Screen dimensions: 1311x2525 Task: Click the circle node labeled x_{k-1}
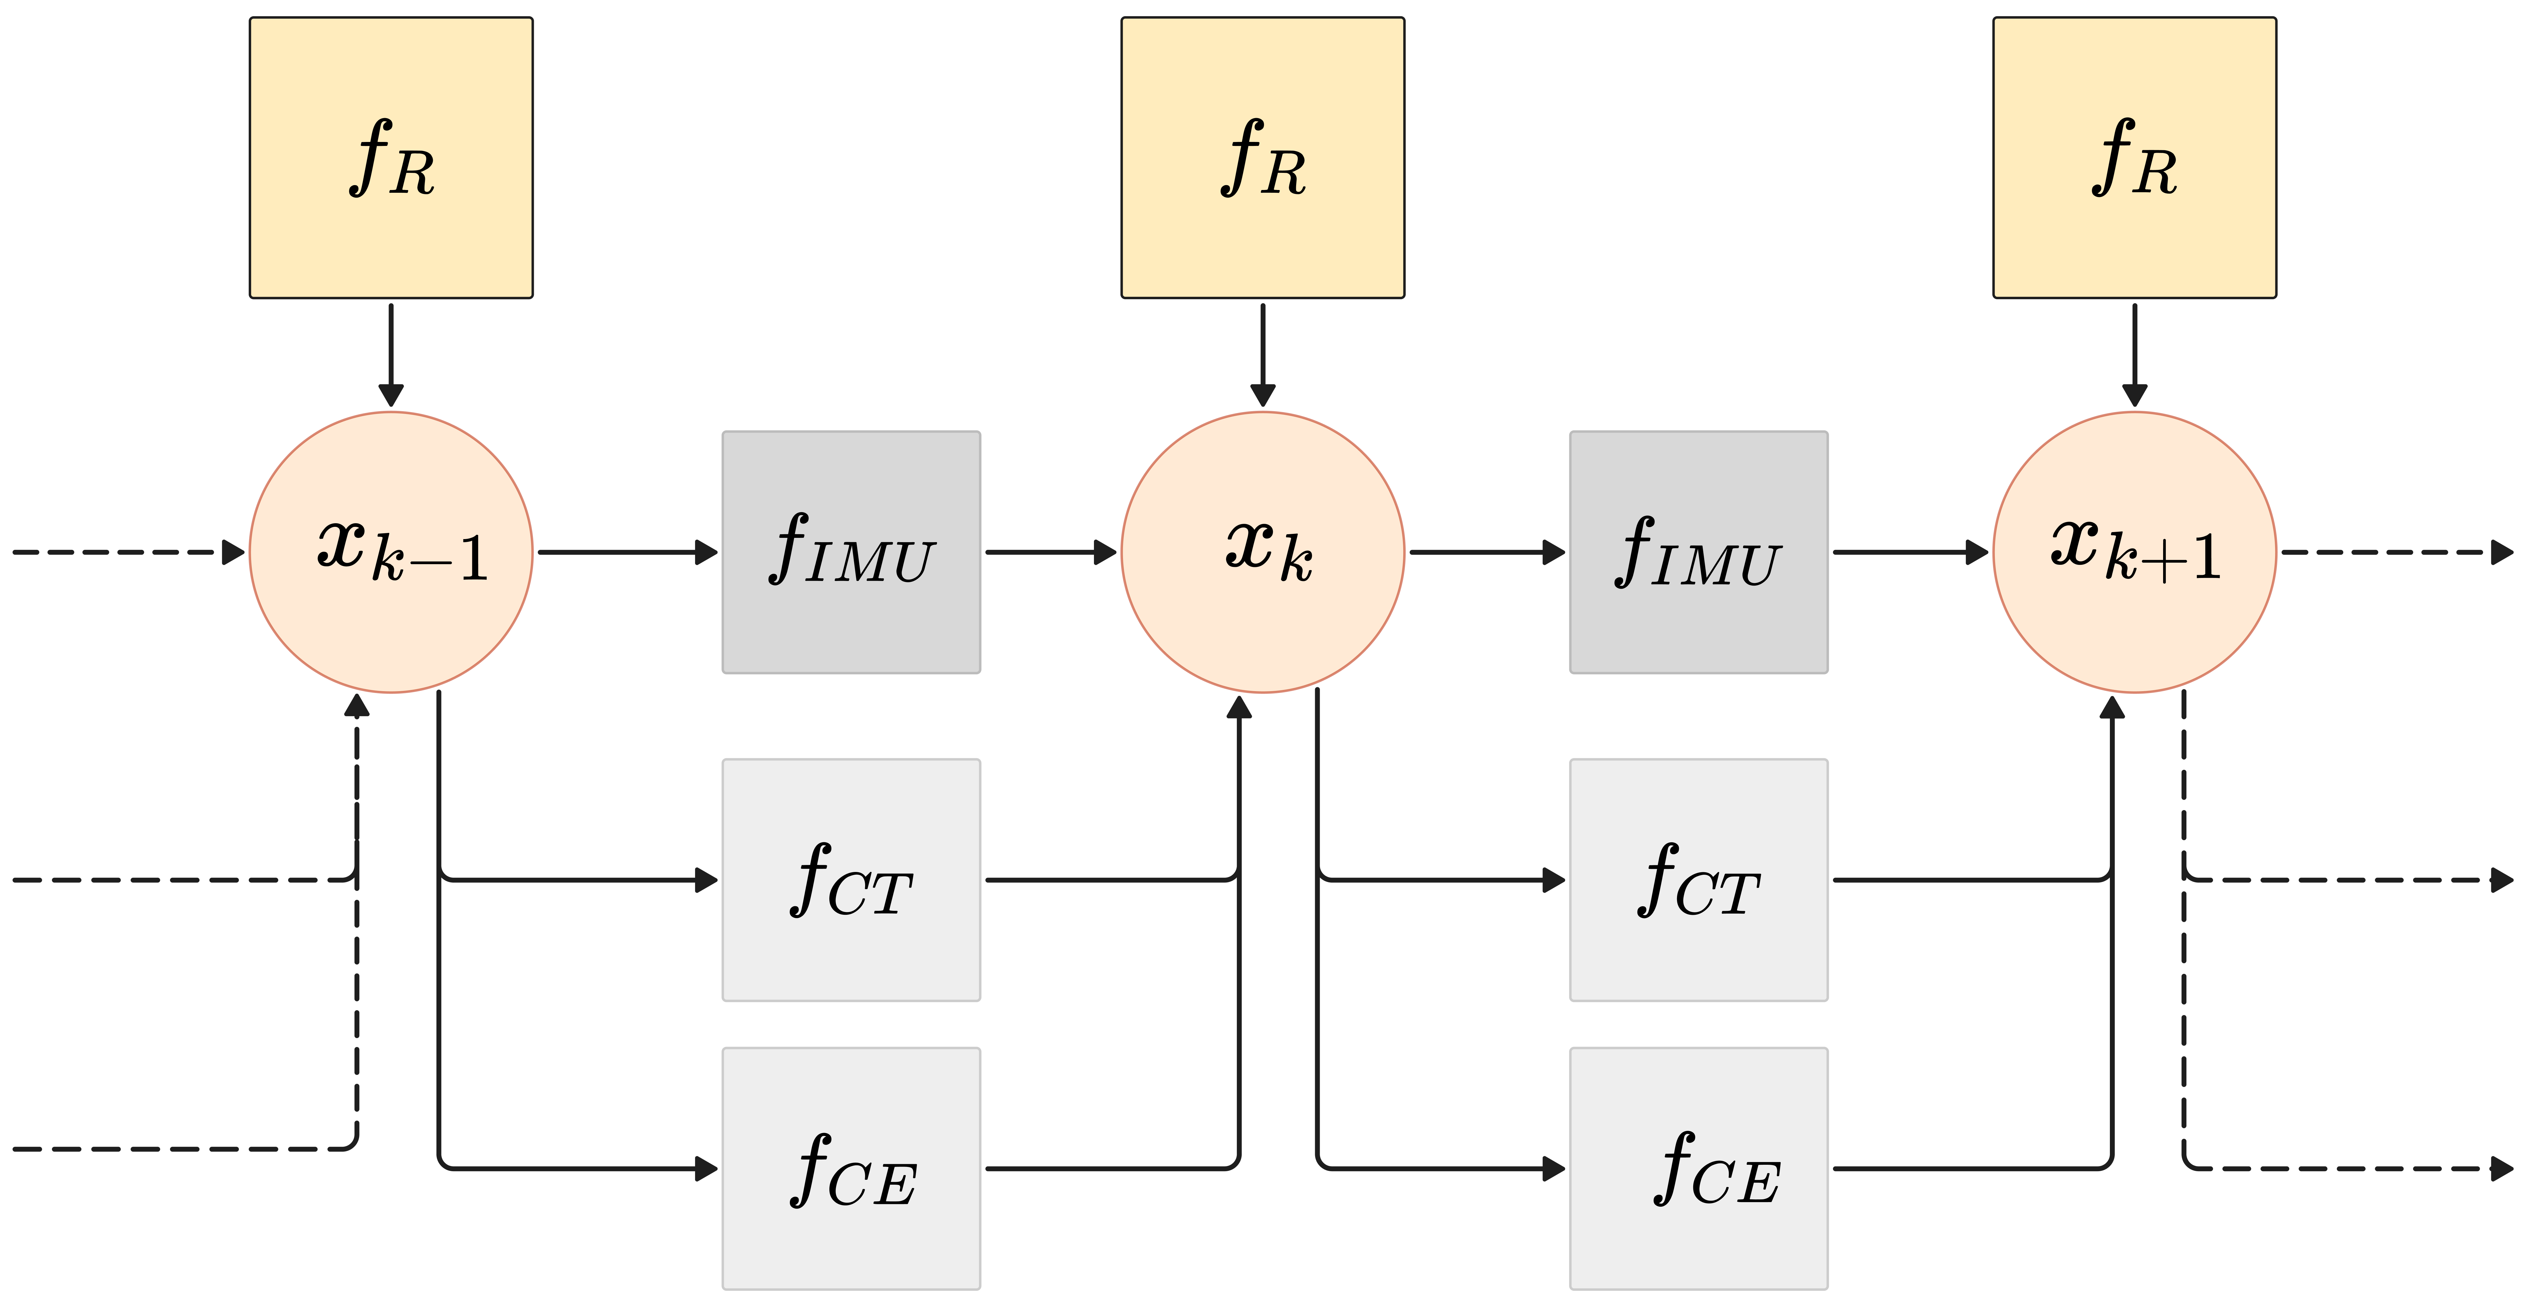point(391,552)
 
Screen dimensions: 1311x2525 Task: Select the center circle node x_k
point(1262,552)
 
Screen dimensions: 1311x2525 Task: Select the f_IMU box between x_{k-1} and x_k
point(851,552)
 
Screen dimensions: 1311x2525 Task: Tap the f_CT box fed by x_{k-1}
point(851,880)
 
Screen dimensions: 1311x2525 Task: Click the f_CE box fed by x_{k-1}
point(851,1168)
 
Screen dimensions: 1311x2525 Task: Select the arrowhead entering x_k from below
point(1239,707)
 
